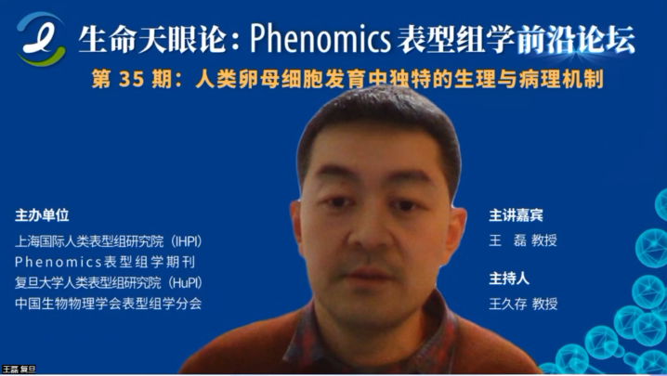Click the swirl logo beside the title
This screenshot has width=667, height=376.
click(x=41, y=39)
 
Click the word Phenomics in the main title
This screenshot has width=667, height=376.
click(x=320, y=39)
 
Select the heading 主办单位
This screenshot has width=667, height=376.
click(x=42, y=215)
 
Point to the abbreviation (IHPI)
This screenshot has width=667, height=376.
click(x=186, y=241)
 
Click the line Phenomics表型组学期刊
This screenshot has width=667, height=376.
click(x=105, y=262)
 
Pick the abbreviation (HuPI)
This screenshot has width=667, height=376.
click(x=185, y=283)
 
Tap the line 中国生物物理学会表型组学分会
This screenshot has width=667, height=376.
click(x=108, y=304)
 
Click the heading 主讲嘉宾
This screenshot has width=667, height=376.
click(x=516, y=215)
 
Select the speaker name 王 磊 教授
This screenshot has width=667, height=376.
click(x=523, y=240)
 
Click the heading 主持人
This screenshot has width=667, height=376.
click(x=509, y=279)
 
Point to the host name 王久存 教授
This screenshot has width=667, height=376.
click(x=523, y=304)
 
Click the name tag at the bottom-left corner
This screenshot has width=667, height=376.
click(x=19, y=369)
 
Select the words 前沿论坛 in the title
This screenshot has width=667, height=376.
click(x=576, y=40)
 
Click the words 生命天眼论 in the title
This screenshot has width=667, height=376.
click(x=151, y=40)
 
